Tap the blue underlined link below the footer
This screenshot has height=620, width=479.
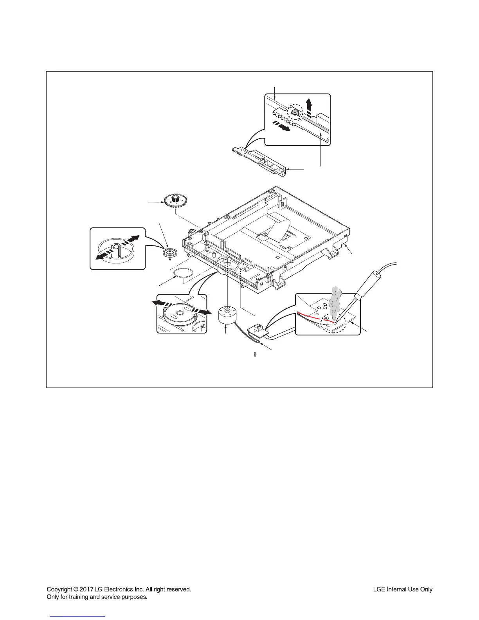(x=78, y=616)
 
